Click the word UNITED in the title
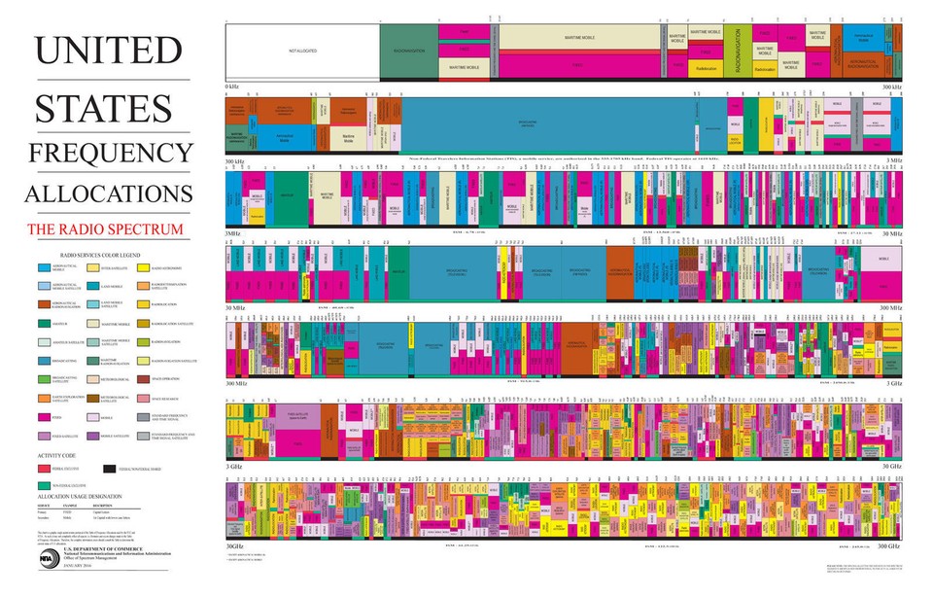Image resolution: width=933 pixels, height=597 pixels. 108,51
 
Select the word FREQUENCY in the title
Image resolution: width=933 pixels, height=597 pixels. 110,153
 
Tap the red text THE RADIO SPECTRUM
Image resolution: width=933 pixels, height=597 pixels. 105,229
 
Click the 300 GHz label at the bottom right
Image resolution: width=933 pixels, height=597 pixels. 887,546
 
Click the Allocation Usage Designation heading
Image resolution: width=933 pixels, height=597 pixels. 80,496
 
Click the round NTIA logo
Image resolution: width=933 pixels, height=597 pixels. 46,560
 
